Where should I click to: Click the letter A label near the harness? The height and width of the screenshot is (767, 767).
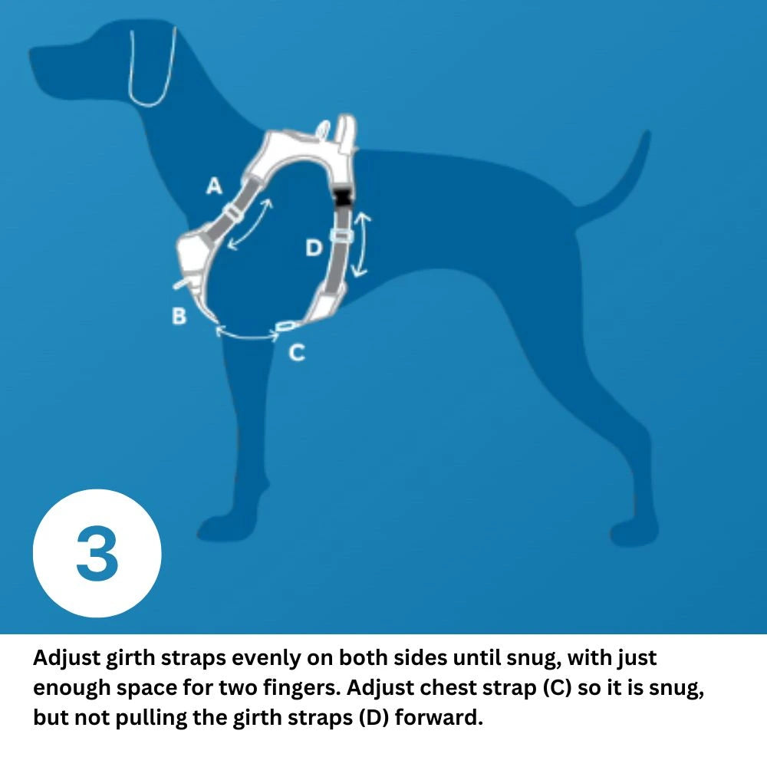215,186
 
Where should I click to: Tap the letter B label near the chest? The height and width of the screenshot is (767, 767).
179,315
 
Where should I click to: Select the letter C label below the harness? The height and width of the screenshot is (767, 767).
296,352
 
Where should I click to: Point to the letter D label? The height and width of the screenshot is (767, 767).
314,248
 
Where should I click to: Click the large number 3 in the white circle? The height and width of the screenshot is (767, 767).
97,553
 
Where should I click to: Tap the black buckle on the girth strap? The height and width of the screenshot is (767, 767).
342,198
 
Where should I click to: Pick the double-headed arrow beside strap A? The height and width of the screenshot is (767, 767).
252,225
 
